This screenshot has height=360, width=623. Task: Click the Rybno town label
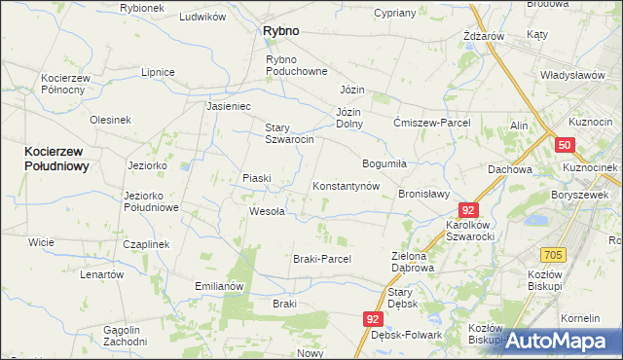pos(280,31)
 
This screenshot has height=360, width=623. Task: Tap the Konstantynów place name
pos(345,186)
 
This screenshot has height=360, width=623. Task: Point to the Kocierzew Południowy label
pos(57,159)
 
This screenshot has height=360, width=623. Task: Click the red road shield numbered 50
pos(566,145)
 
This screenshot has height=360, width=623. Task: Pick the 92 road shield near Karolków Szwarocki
pos(470,210)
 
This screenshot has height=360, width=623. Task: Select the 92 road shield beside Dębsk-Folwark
pos(375,318)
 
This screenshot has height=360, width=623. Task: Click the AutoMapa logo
pos(564,341)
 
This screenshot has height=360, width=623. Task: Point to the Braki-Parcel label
pos(321,259)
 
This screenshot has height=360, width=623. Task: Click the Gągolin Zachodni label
pos(130,336)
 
